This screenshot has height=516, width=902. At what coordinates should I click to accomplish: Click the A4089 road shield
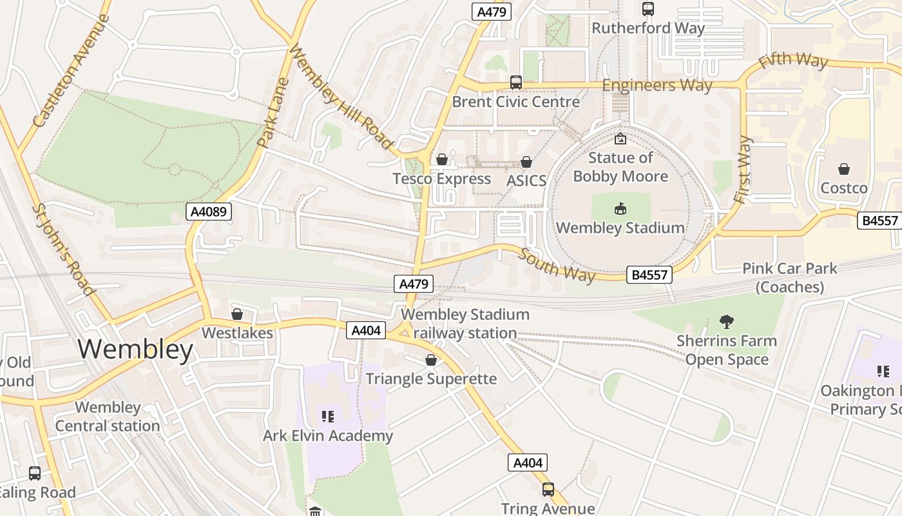tap(209, 212)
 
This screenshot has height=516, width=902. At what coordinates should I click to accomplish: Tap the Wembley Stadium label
tap(620, 228)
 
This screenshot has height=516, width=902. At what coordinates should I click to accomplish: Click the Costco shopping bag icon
tap(843, 170)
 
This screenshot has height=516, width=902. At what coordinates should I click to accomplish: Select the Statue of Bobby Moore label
tap(620, 167)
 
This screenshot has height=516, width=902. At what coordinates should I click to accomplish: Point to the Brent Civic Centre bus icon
tap(515, 83)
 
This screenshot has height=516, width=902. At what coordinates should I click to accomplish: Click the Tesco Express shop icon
tap(442, 159)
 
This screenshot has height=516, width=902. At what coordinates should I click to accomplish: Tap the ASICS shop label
tap(526, 181)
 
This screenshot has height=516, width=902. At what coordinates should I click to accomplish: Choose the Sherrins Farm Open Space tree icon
tap(726, 321)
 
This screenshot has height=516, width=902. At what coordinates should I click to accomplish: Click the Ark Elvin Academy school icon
tap(328, 417)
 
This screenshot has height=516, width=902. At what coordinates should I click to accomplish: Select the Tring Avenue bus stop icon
tap(548, 490)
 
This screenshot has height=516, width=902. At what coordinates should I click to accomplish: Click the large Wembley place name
tap(135, 350)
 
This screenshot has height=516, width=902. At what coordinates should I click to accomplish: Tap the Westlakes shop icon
tap(236, 314)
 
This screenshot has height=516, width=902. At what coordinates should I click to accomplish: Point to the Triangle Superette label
tap(431, 379)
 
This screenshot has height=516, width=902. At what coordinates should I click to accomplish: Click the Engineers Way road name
tap(657, 85)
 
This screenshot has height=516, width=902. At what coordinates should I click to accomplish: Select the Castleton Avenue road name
tap(71, 71)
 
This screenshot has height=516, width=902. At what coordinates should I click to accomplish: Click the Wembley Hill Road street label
tap(341, 97)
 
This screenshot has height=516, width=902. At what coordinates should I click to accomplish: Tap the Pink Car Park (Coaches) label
tap(789, 277)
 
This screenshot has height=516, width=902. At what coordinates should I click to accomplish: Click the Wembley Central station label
tap(108, 417)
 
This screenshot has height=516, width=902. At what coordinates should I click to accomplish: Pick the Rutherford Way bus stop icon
tap(648, 9)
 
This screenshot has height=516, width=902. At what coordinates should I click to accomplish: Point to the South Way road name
tap(557, 264)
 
